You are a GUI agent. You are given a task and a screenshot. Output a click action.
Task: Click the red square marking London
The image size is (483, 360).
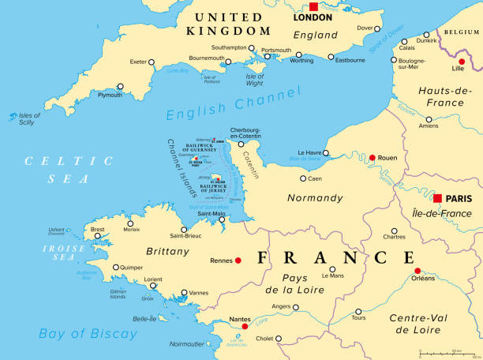[313, 6]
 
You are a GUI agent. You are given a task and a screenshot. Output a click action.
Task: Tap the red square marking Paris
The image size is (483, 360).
[438, 197]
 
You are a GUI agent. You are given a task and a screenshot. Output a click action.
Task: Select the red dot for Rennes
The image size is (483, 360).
[238, 261]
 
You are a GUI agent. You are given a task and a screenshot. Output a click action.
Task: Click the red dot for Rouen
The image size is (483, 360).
[372, 158]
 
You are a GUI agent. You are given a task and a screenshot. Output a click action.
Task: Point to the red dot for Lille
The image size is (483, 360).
[462, 61]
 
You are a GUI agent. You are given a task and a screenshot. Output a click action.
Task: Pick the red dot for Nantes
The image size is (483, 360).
[245, 326]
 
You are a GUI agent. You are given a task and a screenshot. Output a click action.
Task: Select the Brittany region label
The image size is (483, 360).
[167, 251]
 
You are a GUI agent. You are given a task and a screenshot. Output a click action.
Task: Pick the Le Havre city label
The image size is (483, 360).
[311, 152]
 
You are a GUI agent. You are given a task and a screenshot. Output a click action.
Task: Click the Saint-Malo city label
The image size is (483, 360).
[212, 213]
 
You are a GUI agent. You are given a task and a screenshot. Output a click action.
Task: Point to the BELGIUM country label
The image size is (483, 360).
[462, 32]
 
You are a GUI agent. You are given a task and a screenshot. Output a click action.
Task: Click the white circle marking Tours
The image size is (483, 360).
[358, 311]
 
